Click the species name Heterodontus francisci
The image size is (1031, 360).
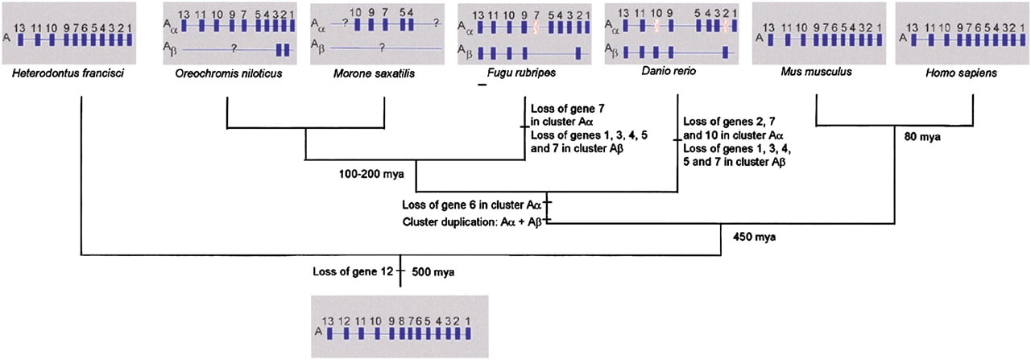point(68,73)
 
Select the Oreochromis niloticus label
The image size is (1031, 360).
point(228,73)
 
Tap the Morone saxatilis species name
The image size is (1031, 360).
point(374,73)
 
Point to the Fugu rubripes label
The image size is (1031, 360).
point(521,72)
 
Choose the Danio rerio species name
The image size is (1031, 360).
point(669,71)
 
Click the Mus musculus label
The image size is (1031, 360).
point(816,72)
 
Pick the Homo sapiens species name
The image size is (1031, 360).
point(961,72)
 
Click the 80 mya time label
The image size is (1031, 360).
point(922,137)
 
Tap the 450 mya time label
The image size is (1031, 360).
point(754,237)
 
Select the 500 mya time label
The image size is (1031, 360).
point(433,272)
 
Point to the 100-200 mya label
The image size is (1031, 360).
point(371,174)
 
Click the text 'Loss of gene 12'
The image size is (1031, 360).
point(353,271)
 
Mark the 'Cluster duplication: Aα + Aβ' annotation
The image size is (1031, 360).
point(471,222)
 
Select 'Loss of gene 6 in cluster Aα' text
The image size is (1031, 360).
point(471,205)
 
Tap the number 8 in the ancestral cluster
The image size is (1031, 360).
point(401,321)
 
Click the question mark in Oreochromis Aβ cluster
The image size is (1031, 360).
point(234,48)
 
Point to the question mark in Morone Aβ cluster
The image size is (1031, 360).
point(382,47)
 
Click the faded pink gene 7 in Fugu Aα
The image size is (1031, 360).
point(536,27)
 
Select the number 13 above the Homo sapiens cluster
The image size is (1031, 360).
point(912,27)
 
